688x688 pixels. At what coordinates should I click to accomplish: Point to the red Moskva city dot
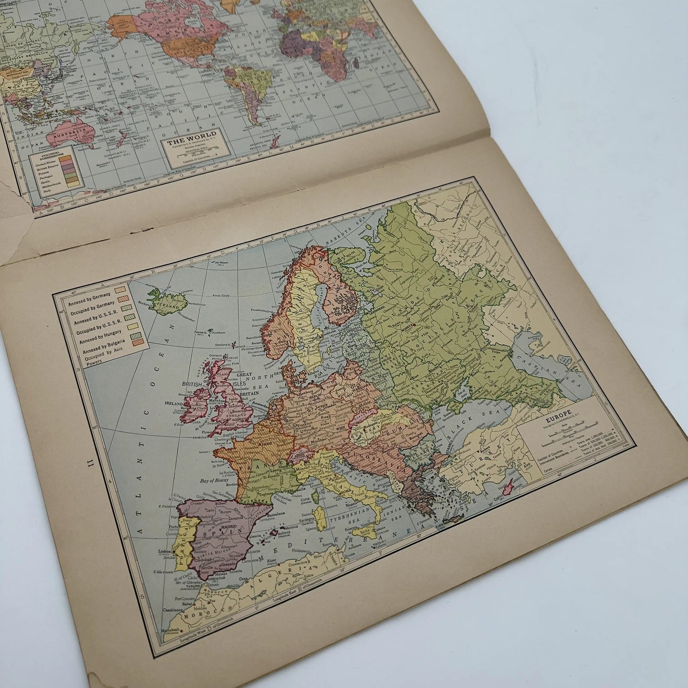coord(415,325)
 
